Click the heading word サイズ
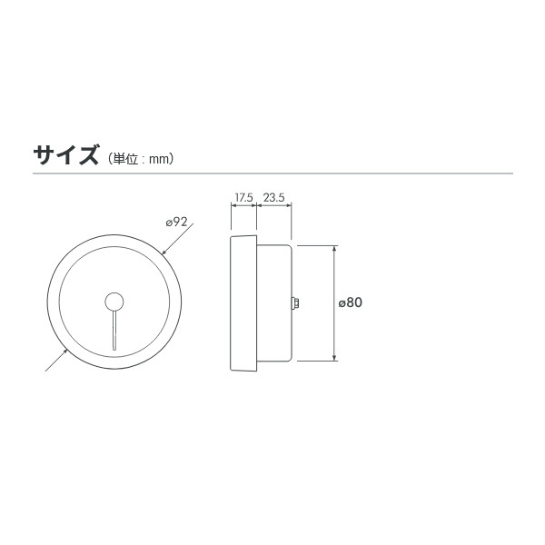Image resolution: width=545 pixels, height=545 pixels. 65,155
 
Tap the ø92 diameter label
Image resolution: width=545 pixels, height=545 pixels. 176,222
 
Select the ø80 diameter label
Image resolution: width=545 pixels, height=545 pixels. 351,303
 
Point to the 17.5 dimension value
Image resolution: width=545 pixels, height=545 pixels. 243,197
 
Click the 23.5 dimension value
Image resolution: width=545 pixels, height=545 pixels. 274,197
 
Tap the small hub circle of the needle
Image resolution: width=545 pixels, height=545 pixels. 114,302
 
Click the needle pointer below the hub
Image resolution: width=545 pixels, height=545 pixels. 114,332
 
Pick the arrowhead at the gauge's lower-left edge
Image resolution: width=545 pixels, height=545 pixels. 65,352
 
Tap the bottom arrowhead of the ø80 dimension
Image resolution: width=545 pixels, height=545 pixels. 336,358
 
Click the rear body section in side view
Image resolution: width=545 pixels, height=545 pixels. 272,303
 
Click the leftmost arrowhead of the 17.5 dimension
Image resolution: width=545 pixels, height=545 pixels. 233,206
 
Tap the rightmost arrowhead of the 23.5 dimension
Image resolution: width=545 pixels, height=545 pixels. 290,206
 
